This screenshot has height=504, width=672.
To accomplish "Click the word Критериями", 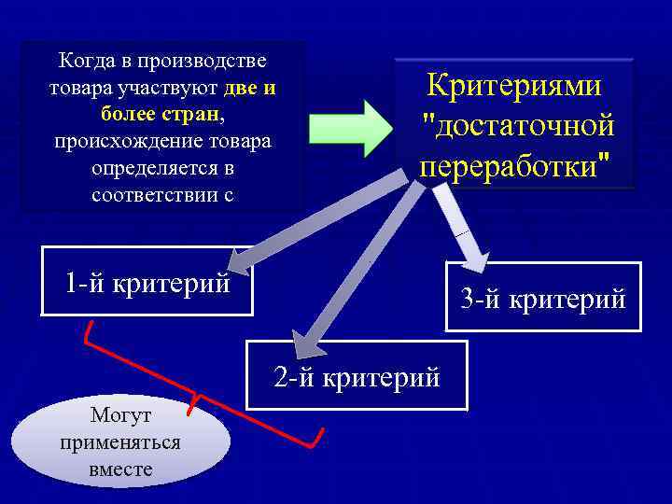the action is pos(514,86).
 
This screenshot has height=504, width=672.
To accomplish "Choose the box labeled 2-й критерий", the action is pos(357,377).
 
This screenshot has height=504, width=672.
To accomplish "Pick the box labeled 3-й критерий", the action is pos(543,299).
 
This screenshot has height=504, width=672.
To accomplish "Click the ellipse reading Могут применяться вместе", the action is pos(120,441).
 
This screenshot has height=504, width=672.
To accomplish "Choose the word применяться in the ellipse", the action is pos(119,442).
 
